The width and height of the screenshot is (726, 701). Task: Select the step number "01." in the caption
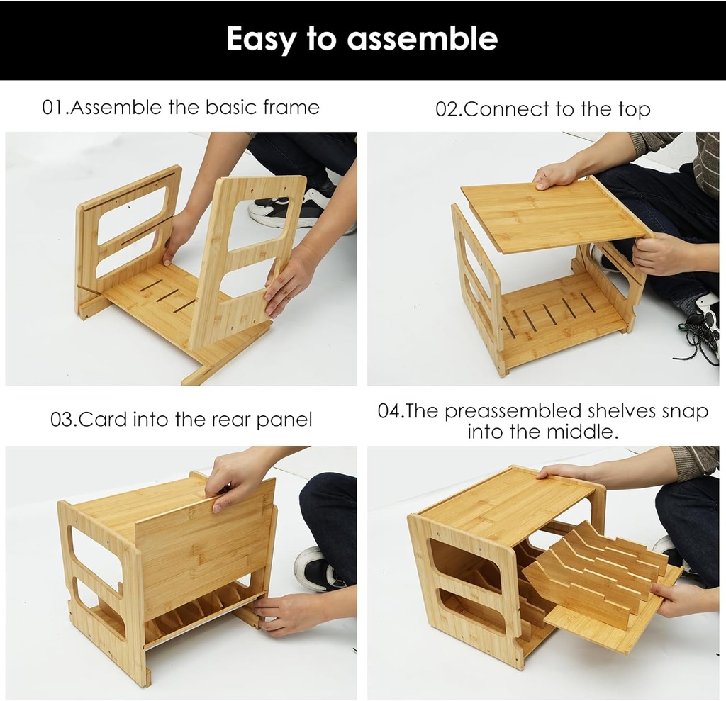pyautogui.click(x=55, y=108)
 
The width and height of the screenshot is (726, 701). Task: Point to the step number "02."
pyautogui.click(x=449, y=110)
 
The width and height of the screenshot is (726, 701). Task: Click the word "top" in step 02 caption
pyautogui.click(x=633, y=111)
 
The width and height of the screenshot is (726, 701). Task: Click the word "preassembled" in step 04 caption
pyautogui.click(x=513, y=412)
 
